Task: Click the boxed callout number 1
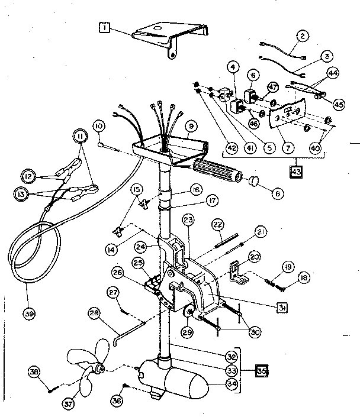pyautogui.click(x=104, y=28)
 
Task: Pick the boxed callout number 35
pyautogui.click(x=261, y=371)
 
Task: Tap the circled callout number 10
pyautogui.click(x=98, y=126)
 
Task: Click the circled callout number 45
pyautogui.click(x=339, y=104)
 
